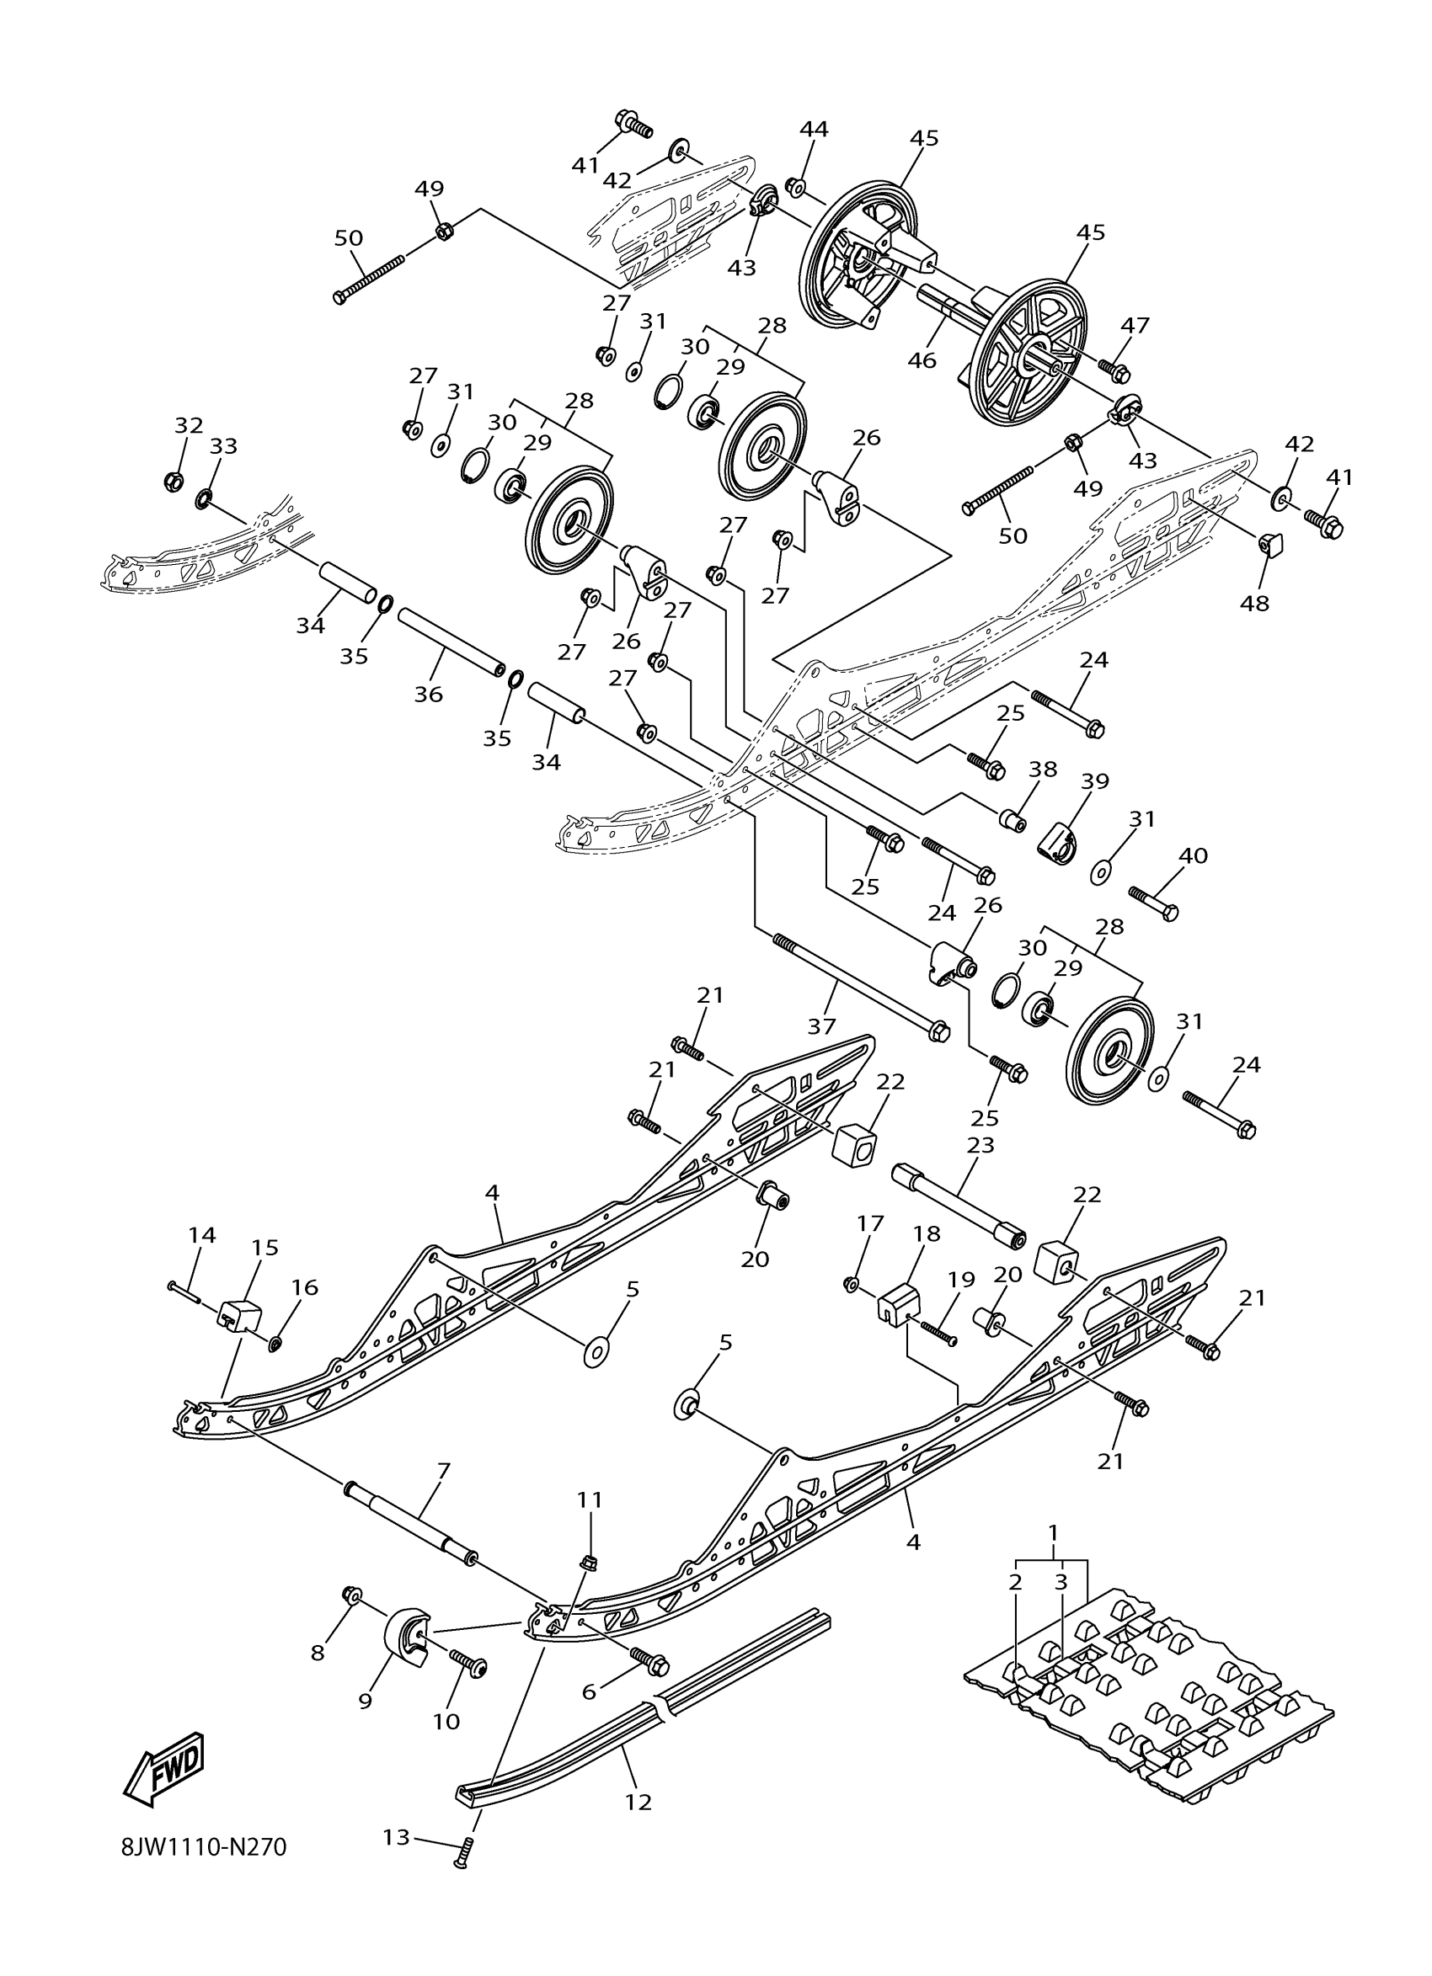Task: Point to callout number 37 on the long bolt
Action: coord(821,1026)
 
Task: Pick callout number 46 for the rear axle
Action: coord(922,360)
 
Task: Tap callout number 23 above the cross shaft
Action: coord(980,1144)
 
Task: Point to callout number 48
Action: coord(1255,602)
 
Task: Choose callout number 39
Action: coord(1095,781)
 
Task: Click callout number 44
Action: coord(814,129)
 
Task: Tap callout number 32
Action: coord(188,425)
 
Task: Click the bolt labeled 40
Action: coord(1154,903)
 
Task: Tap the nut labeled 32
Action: coord(174,480)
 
